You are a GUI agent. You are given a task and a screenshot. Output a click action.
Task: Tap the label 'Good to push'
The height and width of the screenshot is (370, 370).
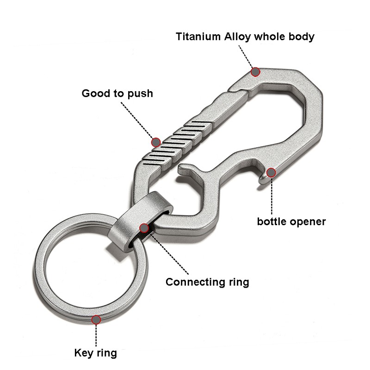coord(117,94)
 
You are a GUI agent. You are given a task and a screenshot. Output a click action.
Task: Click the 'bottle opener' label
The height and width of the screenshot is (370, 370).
coord(291,222)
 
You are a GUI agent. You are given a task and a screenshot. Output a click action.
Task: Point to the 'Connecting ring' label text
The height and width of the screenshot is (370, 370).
coord(207,282)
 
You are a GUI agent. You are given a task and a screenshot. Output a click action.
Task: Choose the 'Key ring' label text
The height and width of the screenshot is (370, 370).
coord(96,354)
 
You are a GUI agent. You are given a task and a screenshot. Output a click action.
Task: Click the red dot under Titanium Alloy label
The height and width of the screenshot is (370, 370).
coord(255,72)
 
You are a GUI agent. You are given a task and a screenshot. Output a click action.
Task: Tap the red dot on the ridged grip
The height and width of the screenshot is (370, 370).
coord(156,141)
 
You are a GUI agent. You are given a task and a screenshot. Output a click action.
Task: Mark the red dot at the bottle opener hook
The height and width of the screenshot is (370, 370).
coord(271,173)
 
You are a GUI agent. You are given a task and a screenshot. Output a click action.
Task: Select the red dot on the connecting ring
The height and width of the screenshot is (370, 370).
coord(144,228)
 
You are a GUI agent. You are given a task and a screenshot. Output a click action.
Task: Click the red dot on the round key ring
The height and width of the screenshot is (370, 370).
coord(96,319)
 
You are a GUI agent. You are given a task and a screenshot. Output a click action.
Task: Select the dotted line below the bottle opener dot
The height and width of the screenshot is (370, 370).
coord(271,194)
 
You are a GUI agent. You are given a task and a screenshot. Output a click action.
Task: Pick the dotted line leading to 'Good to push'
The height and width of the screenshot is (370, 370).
coord(136,118)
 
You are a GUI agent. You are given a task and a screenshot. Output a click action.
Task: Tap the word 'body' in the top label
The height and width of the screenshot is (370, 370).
coord(302,37)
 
